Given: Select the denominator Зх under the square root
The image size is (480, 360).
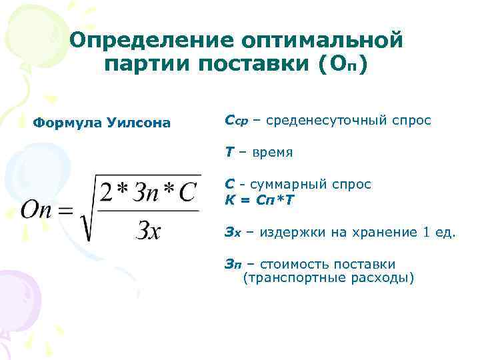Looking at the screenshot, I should pos(147,230).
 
